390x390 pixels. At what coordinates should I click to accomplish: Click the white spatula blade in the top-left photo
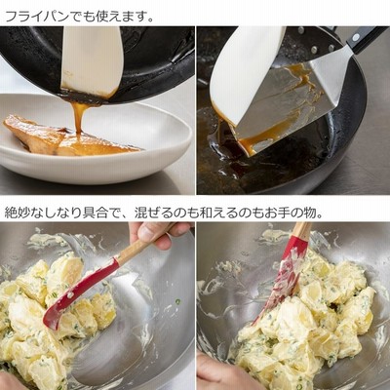click(x=92, y=60)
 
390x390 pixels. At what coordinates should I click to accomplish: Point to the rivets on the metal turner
click(x=314, y=41)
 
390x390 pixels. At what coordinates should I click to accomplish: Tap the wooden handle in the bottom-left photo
click(x=144, y=242)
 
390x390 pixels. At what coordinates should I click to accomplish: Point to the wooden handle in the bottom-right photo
click(x=302, y=231)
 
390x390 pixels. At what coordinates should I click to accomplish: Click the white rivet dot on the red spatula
click(x=68, y=295)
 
